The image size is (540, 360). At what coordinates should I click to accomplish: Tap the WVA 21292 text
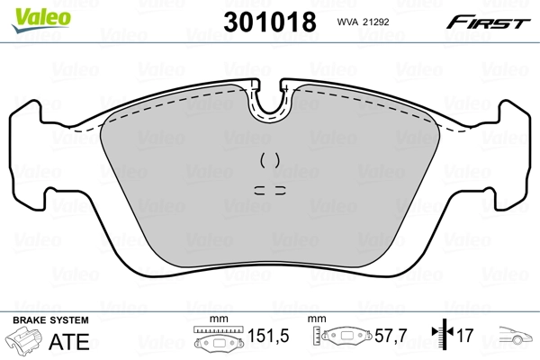[363, 23]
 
